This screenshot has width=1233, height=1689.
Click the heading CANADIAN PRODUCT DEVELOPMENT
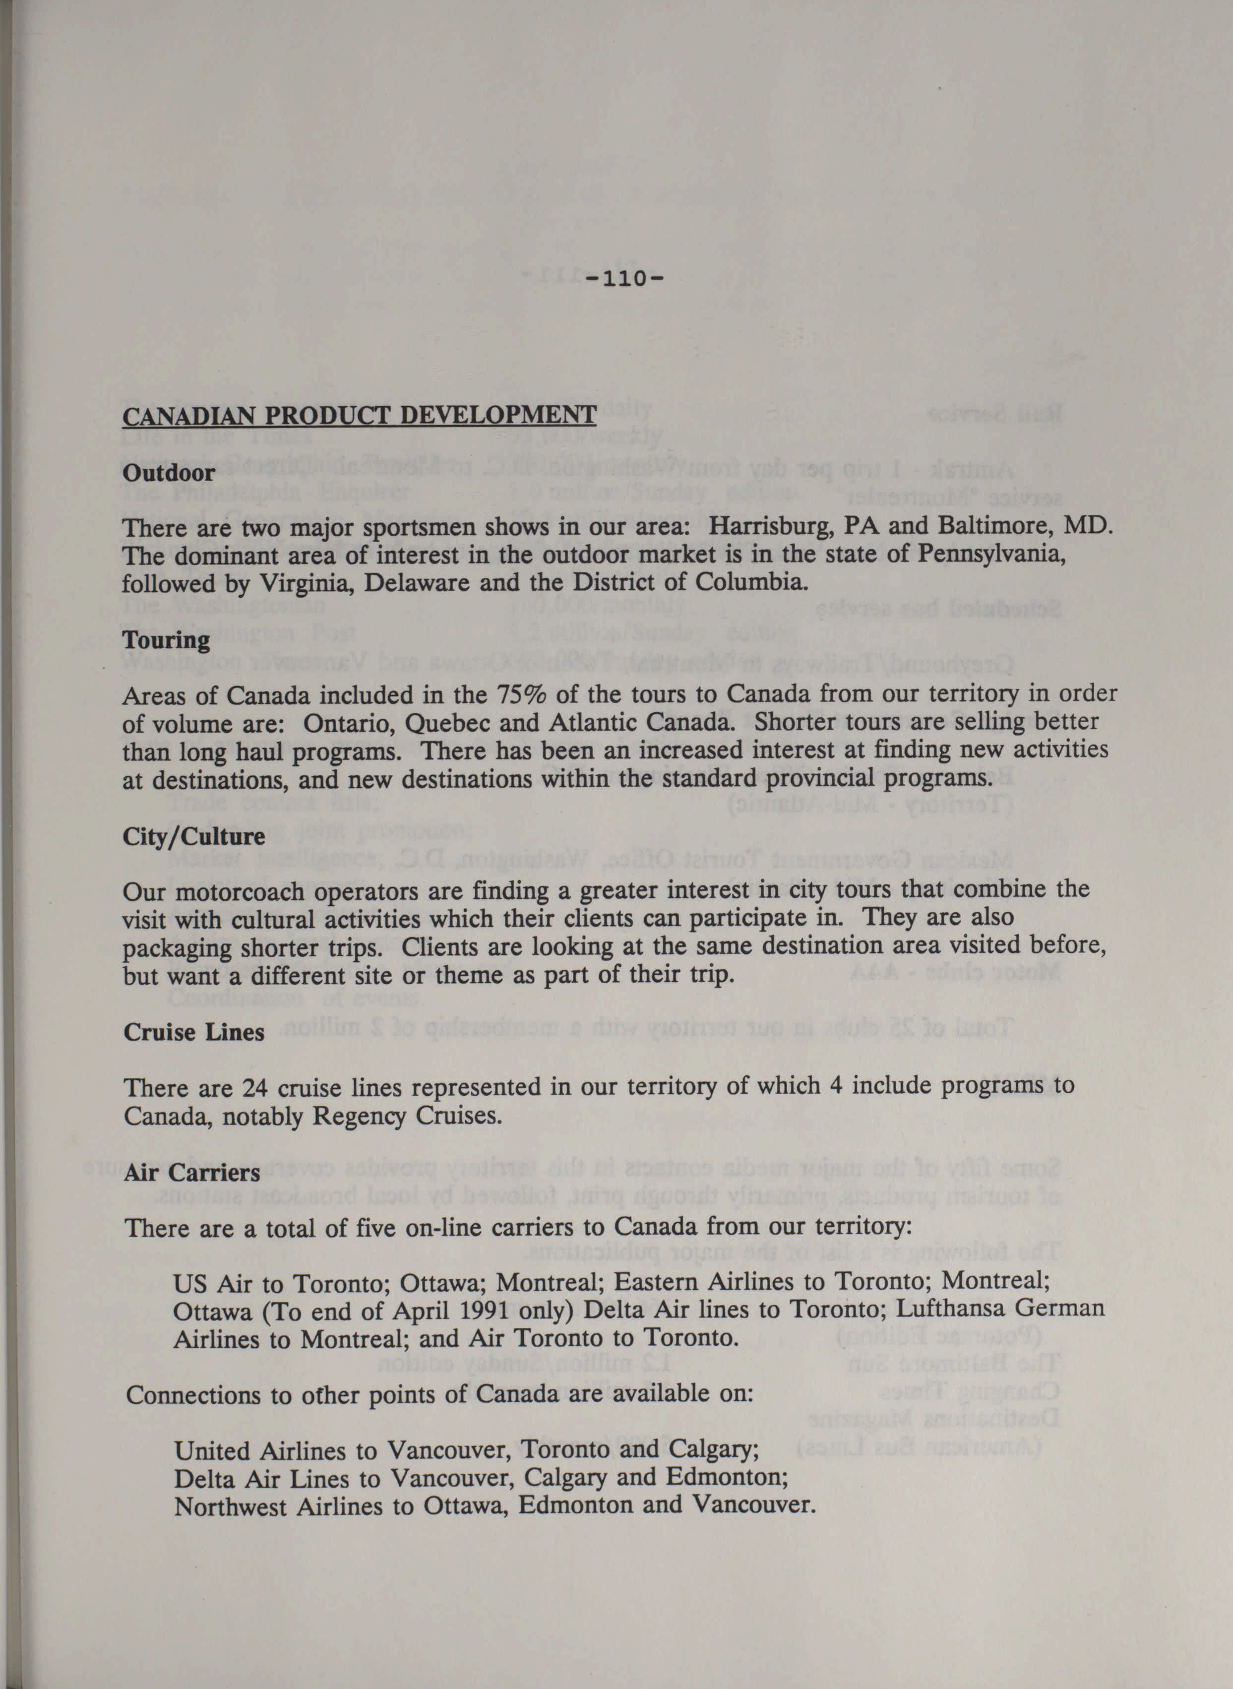(359, 416)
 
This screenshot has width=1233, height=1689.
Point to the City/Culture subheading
(194, 836)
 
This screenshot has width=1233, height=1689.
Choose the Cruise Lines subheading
(194, 1032)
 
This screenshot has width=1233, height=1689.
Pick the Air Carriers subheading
(192, 1173)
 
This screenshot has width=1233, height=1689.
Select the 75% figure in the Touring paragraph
(521, 695)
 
